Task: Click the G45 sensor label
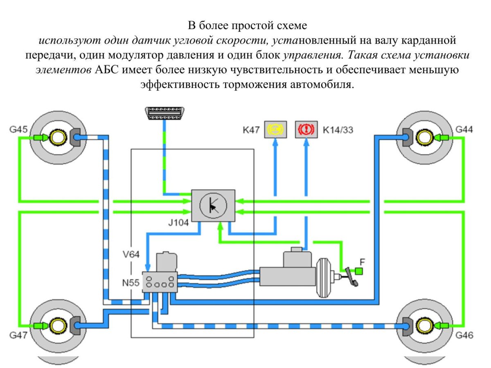click(x=18, y=130)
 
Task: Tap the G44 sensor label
click(x=464, y=130)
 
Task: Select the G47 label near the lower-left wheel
click(x=18, y=335)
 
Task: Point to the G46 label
click(x=464, y=335)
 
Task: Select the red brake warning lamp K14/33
click(x=306, y=130)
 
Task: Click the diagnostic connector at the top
click(x=164, y=113)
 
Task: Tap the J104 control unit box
click(x=213, y=206)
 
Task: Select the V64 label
click(x=131, y=254)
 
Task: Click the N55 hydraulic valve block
click(x=160, y=282)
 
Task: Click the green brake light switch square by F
click(x=359, y=270)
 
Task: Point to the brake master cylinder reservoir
click(x=298, y=258)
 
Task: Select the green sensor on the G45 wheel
click(x=41, y=138)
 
